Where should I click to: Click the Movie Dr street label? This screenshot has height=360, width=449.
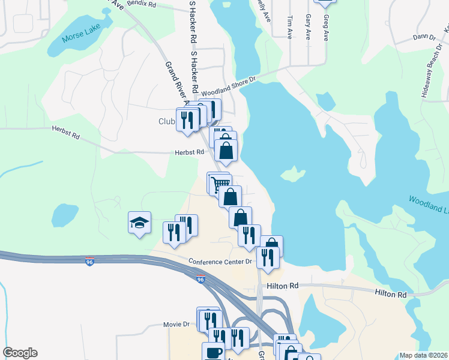(176, 324)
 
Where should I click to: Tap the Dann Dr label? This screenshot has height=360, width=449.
(424, 37)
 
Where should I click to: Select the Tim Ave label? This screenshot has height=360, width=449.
(289, 27)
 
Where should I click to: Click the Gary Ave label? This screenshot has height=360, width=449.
(307, 27)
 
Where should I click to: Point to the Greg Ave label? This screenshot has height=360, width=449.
(326, 27)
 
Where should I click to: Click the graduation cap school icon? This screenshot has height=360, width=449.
(139, 223)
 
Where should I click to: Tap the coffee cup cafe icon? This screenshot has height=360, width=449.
(212, 352)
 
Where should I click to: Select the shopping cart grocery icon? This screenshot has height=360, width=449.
(220, 183)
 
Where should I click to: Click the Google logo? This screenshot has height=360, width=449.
(20, 353)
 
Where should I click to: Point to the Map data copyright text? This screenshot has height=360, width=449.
(423, 355)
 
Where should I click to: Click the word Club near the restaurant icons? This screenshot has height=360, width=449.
(166, 121)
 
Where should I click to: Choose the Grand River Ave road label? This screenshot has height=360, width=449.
(169, 80)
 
